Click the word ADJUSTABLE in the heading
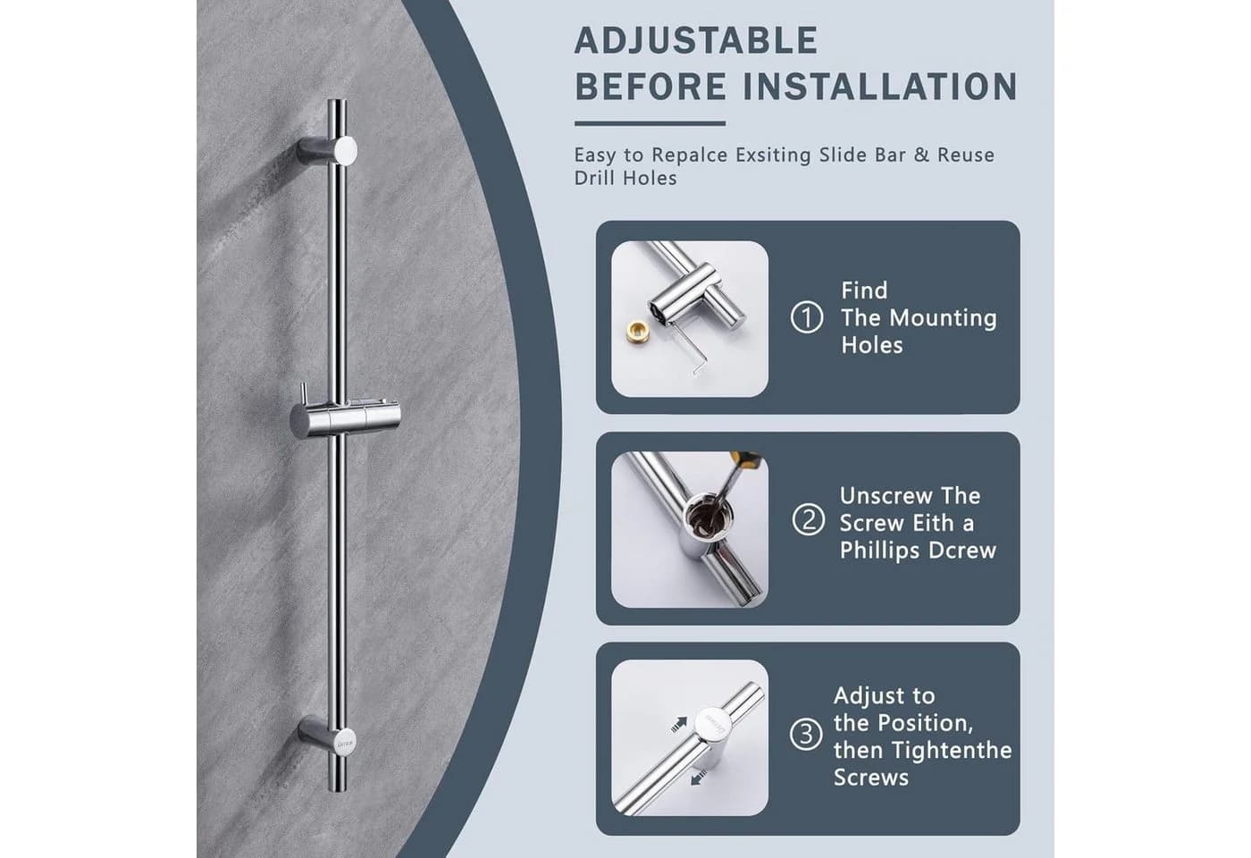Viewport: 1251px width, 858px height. [696, 40]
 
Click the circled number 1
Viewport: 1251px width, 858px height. [807, 317]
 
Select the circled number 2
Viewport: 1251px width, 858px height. [808, 519]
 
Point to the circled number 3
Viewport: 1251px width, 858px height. [806, 734]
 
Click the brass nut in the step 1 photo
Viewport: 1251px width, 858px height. [637, 332]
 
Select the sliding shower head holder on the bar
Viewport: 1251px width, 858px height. [345, 418]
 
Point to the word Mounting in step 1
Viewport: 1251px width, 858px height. [943, 318]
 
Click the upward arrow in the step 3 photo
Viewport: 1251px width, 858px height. [678, 725]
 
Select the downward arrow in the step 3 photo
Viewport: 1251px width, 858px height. [699, 777]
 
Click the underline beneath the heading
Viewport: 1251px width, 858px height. [651, 123]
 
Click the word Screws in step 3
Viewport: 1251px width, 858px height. [870, 778]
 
